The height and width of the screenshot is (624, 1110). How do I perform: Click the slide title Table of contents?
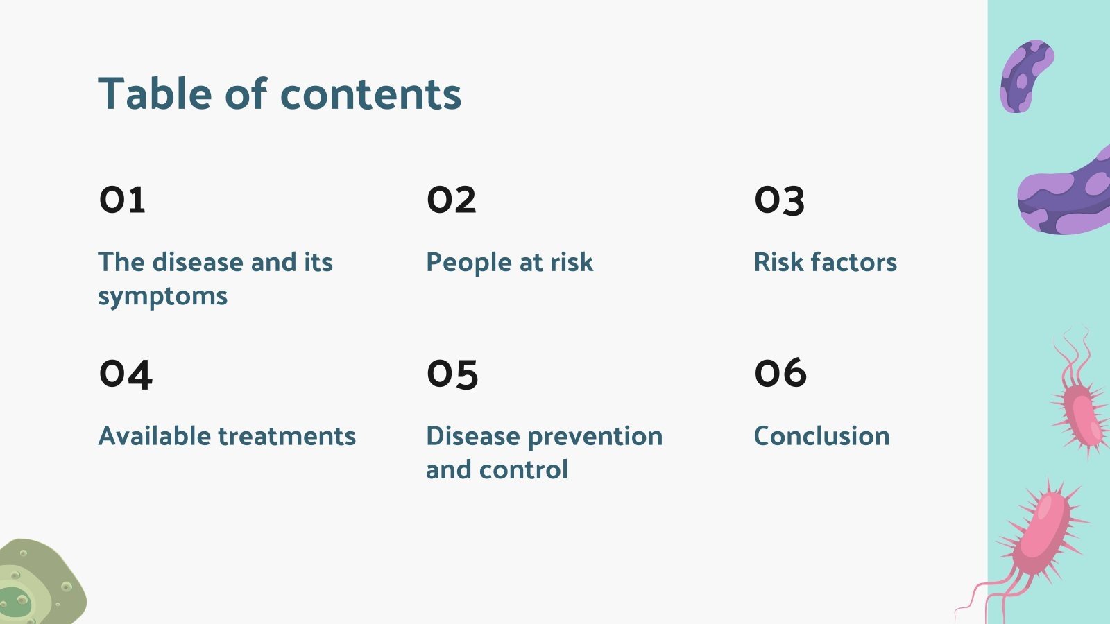click(x=280, y=94)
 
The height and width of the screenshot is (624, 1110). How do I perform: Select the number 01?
click(x=122, y=200)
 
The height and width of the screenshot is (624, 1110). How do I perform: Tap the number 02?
click(x=452, y=200)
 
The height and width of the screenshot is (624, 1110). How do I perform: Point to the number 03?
click(x=780, y=200)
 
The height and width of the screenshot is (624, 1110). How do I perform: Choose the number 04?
click(x=126, y=374)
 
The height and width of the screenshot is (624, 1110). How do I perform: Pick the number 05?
click(x=452, y=374)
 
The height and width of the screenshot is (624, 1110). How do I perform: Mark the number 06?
click(x=780, y=373)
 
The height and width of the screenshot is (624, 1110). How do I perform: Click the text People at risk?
click(x=509, y=263)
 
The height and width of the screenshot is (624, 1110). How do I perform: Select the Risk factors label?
click(x=825, y=262)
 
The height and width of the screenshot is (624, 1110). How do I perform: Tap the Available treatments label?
click(x=227, y=436)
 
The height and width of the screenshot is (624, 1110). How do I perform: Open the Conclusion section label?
click(x=821, y=436)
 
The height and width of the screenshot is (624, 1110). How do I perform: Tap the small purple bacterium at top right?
click(x=1026, y=76)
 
